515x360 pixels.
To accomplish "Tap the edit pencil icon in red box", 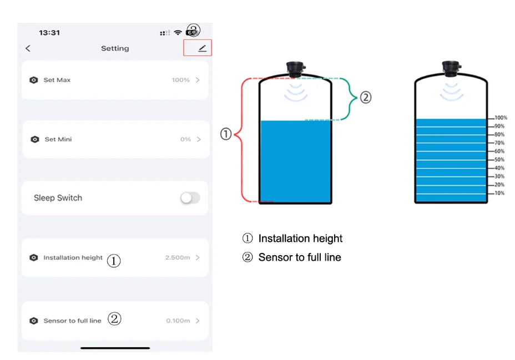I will click(x=202, y=48).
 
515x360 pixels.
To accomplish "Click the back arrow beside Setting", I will click(x=28, y=48).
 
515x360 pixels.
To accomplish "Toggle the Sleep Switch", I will click(x=190, y=198).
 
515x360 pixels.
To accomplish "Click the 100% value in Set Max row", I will click(x=180, y=80).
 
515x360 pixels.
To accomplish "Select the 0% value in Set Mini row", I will click(x=185, y=139).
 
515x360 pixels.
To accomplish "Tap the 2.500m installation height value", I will click(x=177, y=257).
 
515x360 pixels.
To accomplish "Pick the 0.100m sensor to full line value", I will click(x=178, y=321).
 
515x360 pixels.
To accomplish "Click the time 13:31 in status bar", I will click(x=49, y=33).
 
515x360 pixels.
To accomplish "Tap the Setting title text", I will click(x=115, y=48).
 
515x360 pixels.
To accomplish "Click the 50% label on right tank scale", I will click(x=499, y=160).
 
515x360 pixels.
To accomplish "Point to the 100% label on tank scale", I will click(x=500, y=118).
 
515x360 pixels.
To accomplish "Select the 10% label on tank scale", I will click(x=499, y=193).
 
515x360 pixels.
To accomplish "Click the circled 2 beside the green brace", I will click(x=365, y=98).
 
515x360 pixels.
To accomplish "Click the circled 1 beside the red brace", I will click(x=226, y=134).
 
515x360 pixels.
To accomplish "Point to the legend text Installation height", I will click(x=300, y=239).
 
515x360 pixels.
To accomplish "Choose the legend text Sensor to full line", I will click(x=300, y=257).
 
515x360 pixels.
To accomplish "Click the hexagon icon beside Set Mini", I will click(x=34, y=139).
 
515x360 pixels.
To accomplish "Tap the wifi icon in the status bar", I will click(x=178, y=33).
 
